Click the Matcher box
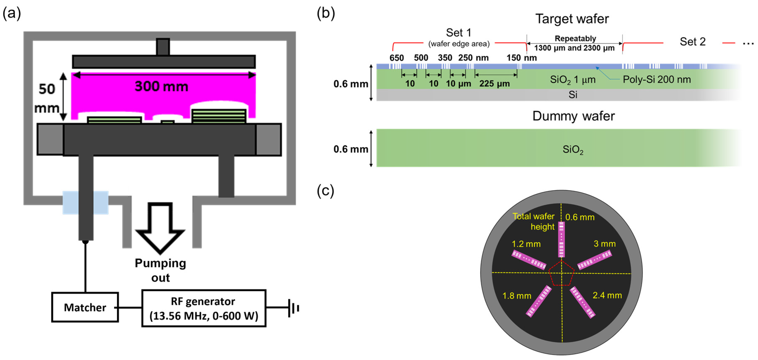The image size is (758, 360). click(85, 307)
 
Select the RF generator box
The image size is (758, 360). click(204, 308)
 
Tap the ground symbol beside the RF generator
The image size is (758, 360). click(293, 308)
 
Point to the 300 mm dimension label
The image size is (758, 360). click(161, 86)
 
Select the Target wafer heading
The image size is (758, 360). click(572, 19)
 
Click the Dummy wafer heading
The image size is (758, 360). click(573, 116)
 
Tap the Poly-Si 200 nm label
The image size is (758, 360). click(657, 80)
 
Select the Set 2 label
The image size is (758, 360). click(692, 42)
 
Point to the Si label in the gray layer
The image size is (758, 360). click(573, 95)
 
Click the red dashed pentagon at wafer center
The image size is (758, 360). click(561, 274)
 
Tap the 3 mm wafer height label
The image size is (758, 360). click(604, 244)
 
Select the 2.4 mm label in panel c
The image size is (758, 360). click(607, 295)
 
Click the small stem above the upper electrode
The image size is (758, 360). click(163, 46)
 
